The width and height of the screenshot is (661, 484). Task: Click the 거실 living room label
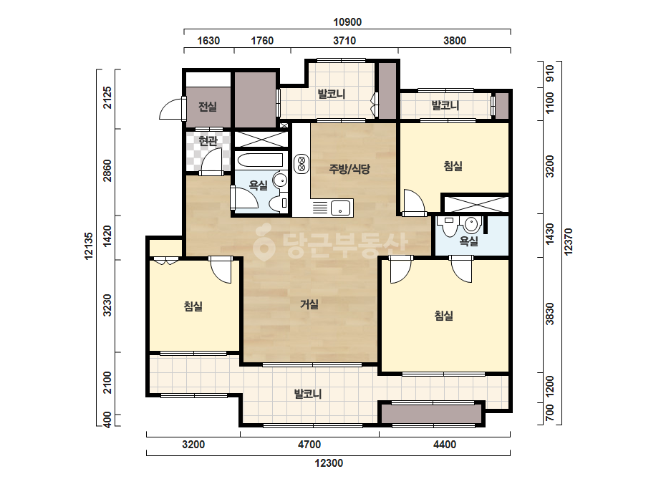click(x=309, y=304)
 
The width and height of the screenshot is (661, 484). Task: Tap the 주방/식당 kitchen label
click(x=349, y=169)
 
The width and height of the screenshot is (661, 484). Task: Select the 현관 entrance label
click(x=208, y=140)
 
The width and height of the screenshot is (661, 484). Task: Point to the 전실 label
click(x=208, y=106)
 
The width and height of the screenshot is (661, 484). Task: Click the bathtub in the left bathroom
click(x=260, y=160)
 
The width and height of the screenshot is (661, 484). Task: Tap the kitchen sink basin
click(x=340, y=208)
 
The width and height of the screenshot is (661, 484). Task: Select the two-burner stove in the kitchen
click(x=301, y=163)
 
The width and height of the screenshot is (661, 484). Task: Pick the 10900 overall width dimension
click(x=347, y=22)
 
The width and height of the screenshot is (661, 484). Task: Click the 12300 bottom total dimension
click(x=329, y=463)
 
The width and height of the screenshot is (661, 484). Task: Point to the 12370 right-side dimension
click(x=568, y=241)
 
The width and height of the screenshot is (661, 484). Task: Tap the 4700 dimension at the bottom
click(x=309, y=445)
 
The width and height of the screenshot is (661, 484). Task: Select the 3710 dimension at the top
click(x=344, y=41)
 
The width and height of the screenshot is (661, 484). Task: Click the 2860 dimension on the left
click(x=107, y=170)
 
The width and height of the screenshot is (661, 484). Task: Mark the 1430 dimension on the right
click(x=550, y=234)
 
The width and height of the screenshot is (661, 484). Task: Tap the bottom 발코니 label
click(x=308, y=394)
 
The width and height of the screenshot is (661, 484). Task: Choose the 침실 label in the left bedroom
click(x=193, y=306)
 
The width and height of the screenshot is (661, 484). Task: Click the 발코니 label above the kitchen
click(x=332, y=94)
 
